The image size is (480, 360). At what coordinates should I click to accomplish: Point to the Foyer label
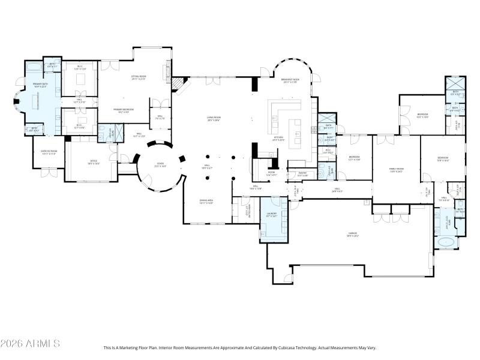click(x=160, y=164)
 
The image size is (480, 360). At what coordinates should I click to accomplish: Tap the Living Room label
click(x=212, y=119)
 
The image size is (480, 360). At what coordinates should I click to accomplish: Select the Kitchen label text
click(x=278, y=139)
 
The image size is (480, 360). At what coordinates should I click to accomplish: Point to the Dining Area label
click(x=207, y=202)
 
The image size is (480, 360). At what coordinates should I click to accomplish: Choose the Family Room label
click(x=397, y=169)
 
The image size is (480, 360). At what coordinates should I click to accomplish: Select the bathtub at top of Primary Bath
click(x=34, y=65)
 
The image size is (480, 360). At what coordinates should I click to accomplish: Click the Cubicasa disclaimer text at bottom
click(x=239, y=347)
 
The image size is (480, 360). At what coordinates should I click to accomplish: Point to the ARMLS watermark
click(x=30, y=344)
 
